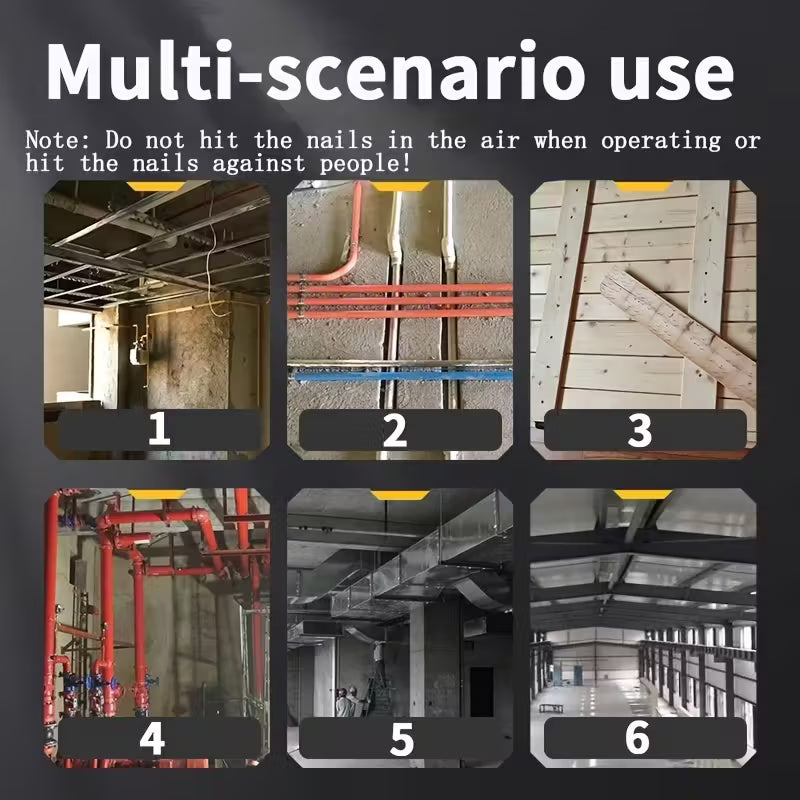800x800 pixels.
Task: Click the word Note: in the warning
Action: tap(59, 140)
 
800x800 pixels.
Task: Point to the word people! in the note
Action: tap(365, 163)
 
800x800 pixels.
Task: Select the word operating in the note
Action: tap(661, 141)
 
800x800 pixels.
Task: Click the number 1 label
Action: tap(159, 429)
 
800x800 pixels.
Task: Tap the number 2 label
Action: tap(395, 430)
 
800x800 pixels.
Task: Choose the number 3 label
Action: tap(639, 430)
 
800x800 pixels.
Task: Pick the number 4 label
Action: tap(152, 738)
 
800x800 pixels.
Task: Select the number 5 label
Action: tap(402, 739)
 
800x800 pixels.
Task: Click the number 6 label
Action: tap(638, 737)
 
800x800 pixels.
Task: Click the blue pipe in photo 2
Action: tap(401, 377)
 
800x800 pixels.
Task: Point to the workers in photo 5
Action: tap(348, 701)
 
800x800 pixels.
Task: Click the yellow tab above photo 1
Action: tap(156, 186)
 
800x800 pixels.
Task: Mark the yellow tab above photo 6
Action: tap(642, 494)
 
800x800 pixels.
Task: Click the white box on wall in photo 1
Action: tap(135, 354)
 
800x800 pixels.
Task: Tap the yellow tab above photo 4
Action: tap(157, 494)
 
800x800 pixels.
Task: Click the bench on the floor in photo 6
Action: tap(551, 708)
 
